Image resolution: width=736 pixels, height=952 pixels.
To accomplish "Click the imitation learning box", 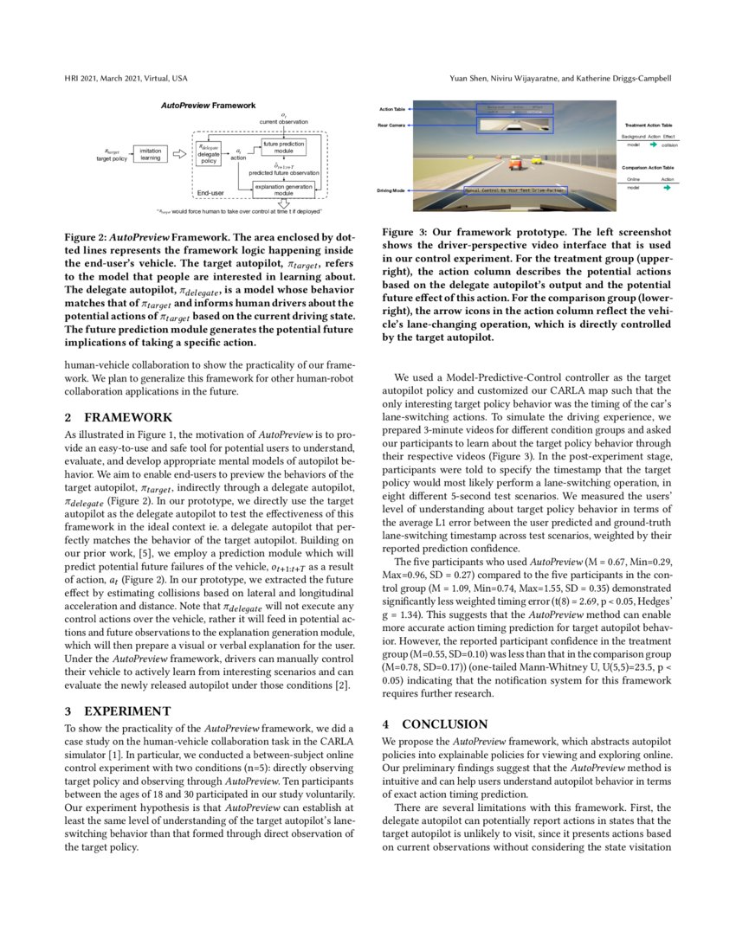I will click(x=150, y=154).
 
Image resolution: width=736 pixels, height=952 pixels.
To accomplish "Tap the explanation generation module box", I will click(x=284, y=190).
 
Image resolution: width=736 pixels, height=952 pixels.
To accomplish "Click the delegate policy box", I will click(x=209, y=153).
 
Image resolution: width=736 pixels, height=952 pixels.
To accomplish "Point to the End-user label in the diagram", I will click(x=210, y=192).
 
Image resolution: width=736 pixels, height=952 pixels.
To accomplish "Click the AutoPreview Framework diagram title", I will click(x=208, y=106).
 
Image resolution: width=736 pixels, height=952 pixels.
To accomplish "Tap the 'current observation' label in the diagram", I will click(x=284, y=122).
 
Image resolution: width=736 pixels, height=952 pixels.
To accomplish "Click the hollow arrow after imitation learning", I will click(x=179, y=154).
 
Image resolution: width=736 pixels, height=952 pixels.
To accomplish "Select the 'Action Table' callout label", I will click(x=392, y=110).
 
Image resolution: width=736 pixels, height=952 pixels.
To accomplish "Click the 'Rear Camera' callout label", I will click(x=392, y=125).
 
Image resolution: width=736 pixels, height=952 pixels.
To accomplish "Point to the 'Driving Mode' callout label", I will click(x=392, y=190).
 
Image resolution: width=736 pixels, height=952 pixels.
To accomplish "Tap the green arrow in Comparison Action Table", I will click(x=666, y=187).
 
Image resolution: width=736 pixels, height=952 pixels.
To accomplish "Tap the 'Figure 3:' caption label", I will click(x=403, y=233).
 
